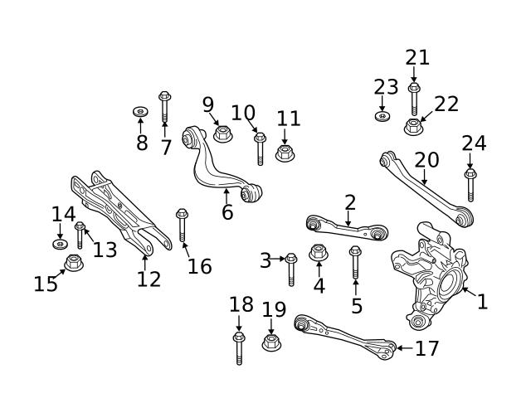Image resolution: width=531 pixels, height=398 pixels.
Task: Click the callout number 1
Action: pyautogui.click(x=482, y=301)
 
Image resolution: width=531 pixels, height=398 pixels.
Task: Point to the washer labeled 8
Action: pyautogui.click(x=140, y=111)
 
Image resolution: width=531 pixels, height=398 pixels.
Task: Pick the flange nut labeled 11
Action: pyautogui.click(x=285, y=152)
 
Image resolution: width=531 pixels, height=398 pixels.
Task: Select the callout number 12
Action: pyautogui.click(x=149, y=279)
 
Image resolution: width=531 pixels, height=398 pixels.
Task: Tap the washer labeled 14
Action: pyautogui.click(x=61, y=245)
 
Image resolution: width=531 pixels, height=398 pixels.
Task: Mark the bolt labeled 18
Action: pyautogui.click(x=239, y=347)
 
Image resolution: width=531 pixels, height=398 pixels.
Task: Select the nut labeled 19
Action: pyautogui.click(x=271, y=341)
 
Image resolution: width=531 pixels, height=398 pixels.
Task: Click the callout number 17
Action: pyautogui.click(x=426, y=348)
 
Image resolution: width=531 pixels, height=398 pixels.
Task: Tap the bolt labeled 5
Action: pyautogui.click(x=355, y=263)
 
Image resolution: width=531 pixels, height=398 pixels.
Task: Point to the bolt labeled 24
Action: pyautogui.click(x=470, y=184)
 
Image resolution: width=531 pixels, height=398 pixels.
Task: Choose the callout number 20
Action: pyautogui.click(x=426, y=159)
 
